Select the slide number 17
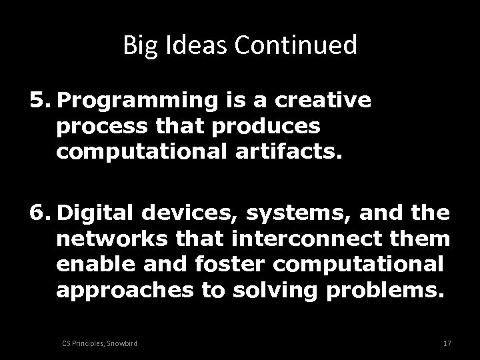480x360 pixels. click(447, 343)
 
